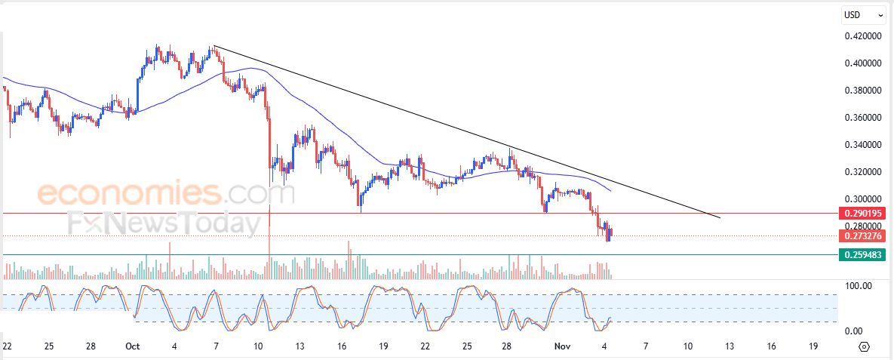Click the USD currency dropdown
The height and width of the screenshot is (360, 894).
click(863, 14)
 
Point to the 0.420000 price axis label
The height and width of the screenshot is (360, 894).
click(862, 36)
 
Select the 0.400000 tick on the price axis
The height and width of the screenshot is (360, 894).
click(862, 63)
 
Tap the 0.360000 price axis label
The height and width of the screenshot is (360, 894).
click(862, 118)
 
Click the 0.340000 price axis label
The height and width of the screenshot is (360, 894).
click(862, 145)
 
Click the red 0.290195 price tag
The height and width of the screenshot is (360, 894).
click(862, 214)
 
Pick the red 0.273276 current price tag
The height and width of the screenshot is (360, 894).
click(862, 236)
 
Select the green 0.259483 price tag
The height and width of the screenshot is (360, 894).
click(862, 255)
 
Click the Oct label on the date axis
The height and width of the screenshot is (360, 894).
click(133, 346)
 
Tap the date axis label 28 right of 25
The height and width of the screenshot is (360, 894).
click(508, 346)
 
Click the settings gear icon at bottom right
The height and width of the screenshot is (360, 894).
click(865, 347)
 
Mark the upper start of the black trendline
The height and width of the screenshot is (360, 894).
click(214, 47)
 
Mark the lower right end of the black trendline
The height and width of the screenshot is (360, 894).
click(720, 218)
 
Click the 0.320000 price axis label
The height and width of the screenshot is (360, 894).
click(862, 172)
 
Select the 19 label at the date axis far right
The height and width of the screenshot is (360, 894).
click(813, 346)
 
